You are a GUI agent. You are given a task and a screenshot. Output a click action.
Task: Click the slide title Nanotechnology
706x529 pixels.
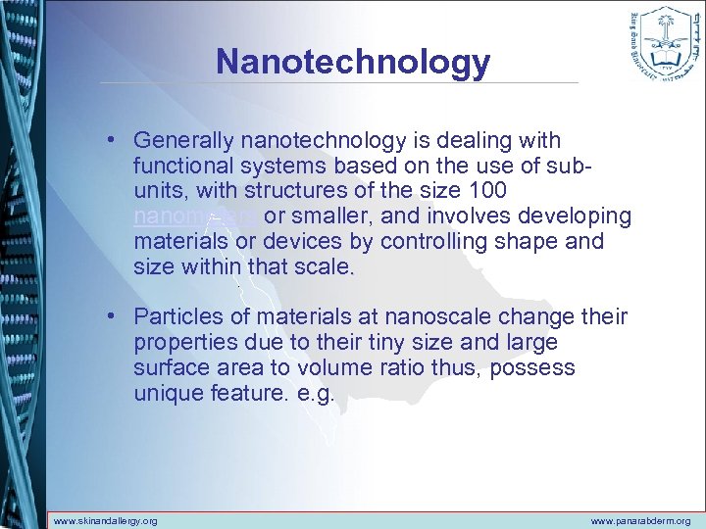pyautogui.click(x=353, y=61)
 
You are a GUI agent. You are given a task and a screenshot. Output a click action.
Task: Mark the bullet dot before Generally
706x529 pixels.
pyautogui.click(x=115, y=142)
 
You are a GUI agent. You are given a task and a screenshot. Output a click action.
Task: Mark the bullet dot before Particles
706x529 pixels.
pyautogui.click(x=115, y=316)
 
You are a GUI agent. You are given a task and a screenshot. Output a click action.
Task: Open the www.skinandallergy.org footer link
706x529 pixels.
pyautogui.click(x=105, y=521)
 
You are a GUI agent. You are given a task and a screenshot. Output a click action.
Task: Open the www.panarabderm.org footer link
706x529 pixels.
pyautogui.click(x=641, y=521)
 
